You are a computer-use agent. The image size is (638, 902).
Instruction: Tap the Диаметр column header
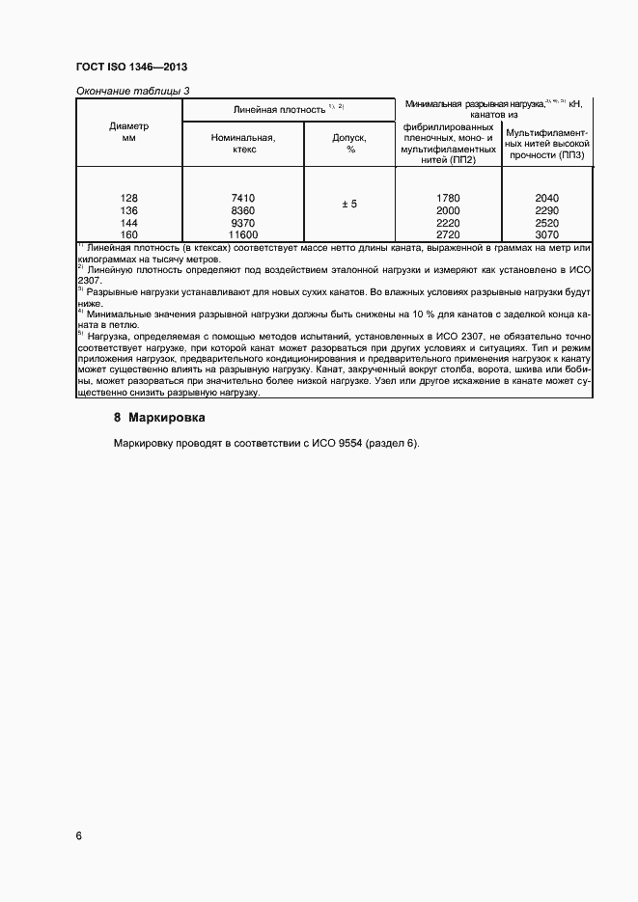[x=128, y=132]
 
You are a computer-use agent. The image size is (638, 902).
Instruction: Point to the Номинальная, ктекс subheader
[x=243, y=144]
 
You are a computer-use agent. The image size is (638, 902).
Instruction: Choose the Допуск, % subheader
[x=350, y=144]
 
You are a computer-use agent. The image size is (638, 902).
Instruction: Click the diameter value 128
[x=129, y=198]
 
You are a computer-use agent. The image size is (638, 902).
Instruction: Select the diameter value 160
[x=129, y=234]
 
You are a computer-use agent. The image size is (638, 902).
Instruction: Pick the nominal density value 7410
[x=243, y=198]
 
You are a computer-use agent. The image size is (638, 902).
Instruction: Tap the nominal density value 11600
[x=243, y=234]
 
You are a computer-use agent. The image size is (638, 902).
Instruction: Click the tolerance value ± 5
[x=349, y=204]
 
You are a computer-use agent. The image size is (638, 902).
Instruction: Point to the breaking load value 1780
[x=448, y=198]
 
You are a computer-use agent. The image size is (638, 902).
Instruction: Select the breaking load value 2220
[x=448, y=222]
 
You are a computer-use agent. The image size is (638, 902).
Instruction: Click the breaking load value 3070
[x=547, y=234]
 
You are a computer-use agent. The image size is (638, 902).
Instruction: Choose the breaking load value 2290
[x=547, y=210]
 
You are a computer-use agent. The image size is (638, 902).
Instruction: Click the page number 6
[x=78, y=835]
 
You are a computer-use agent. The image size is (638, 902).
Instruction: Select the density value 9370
[x=243, y=222]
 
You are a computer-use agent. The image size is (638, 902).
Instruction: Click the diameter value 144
[x=129, y=222]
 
